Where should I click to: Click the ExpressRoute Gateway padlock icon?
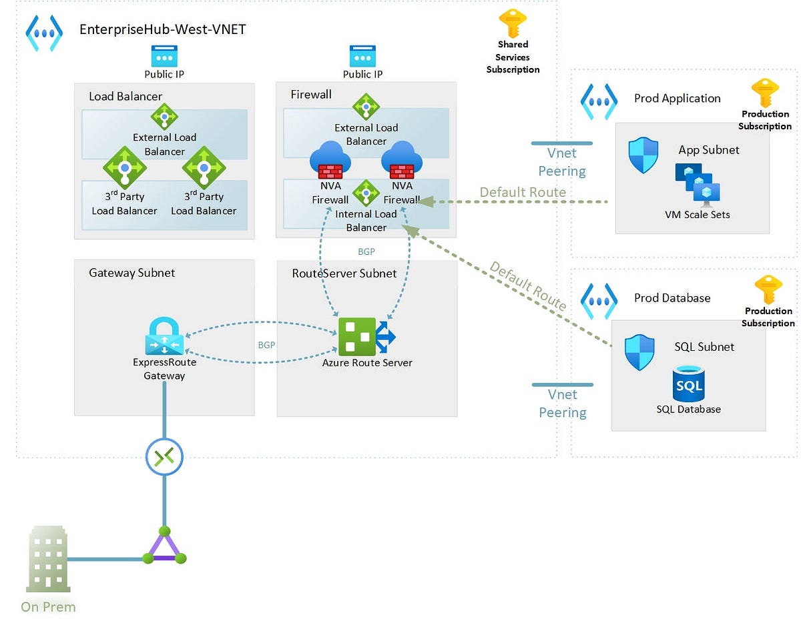(164, 336)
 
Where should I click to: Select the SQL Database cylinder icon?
(688, 384)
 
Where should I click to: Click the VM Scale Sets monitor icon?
(694, 184)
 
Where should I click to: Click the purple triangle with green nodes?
(164, 546)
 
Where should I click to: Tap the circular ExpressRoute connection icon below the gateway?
(164, 457)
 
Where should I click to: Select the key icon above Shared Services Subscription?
(513, 23)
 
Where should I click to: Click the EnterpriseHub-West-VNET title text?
(163, 29)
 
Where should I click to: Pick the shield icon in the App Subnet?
(643, 155)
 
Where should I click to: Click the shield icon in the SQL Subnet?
(639, 353)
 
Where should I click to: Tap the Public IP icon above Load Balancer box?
(164, 56)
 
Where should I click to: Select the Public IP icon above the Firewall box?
(362, 56)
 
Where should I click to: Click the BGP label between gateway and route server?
(266, 346)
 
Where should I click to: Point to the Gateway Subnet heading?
(131, 273)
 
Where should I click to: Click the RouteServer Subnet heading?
(344, 273)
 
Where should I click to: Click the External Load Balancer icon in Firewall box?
(366, 107)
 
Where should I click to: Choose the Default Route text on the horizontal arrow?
(523, 192)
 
